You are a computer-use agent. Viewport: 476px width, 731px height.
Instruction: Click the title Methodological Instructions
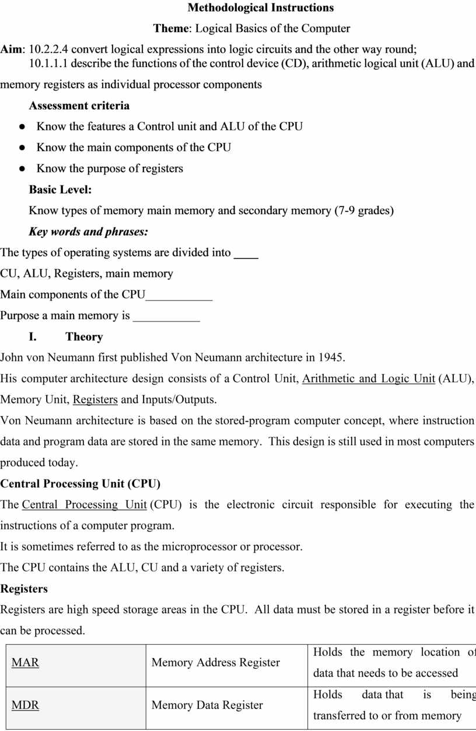click(x=260, y=8)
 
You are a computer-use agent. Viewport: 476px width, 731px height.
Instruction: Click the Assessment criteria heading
click(x=79, y=106)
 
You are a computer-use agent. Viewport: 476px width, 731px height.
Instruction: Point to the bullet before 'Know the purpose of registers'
click(x=22, y=169)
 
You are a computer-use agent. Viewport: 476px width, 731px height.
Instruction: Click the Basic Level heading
click(x=60, y=190)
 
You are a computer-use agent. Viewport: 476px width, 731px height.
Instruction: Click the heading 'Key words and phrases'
click(x=88, y=232)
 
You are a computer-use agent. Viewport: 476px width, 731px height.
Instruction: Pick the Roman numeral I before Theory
click(x=33, y=337)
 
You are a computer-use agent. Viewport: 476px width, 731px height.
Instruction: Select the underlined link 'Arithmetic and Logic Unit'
click(x=368, y=379)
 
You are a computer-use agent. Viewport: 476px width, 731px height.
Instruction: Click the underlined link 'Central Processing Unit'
click(x=84, y=505)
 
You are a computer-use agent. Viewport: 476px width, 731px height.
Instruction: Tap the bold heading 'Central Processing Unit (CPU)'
click(x=80, y=484)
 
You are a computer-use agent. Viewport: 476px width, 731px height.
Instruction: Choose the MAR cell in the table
click(x=26, y=663)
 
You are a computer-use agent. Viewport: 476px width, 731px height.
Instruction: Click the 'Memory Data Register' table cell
click(x=207, y=705)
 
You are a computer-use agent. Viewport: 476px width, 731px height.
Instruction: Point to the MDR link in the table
click(x=26, y=705)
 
